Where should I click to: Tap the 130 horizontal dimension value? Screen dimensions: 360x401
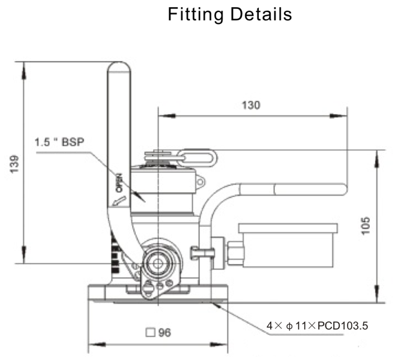click(x=251, y=106)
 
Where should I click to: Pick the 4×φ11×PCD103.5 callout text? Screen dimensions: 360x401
click(x=317, y=326)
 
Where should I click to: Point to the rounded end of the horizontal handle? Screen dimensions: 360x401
click(x=343, y=190)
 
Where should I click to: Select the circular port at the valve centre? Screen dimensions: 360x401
click(x=159, y=262)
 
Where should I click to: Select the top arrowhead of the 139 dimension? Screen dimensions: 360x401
click(x=23, y=65)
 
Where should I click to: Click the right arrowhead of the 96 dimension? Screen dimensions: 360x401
click(x=225, y=347)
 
